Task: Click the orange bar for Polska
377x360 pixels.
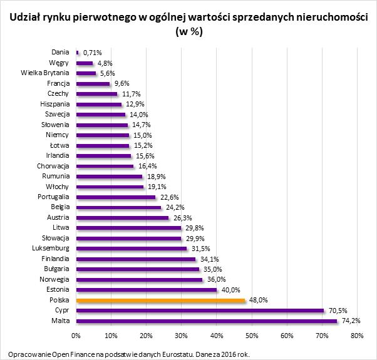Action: [160, 301]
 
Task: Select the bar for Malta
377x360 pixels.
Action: [207, 321]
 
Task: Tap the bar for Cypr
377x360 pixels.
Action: [200, 311]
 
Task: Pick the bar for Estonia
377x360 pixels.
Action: [147, 290]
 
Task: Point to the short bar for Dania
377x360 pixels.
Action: [78, 53]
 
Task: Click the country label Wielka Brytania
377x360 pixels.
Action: [46, 73]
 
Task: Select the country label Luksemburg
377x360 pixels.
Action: [51, 249]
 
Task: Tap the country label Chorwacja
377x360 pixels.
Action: [54, 166]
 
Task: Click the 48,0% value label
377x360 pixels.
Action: [259, 301]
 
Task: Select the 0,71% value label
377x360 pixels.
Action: [92, 53]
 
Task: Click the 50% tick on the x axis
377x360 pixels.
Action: [252, 336]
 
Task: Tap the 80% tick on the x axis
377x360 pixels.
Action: [358, 336]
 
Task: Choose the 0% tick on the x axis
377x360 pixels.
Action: [76, 336]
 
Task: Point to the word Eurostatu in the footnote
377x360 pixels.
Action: [173, 354]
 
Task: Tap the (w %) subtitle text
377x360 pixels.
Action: [188, 33]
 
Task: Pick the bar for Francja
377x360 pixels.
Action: [93, 84]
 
